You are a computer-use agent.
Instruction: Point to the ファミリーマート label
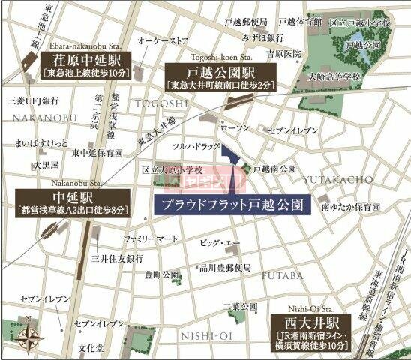click(x=151, y=238)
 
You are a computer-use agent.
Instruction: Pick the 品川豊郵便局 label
click(x=225, y=268)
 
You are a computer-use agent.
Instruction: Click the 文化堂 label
click(x=91, y=349)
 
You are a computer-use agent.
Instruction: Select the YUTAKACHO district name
click(x=337, y=179)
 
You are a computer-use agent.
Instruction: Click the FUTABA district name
click(x=282, y=275)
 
